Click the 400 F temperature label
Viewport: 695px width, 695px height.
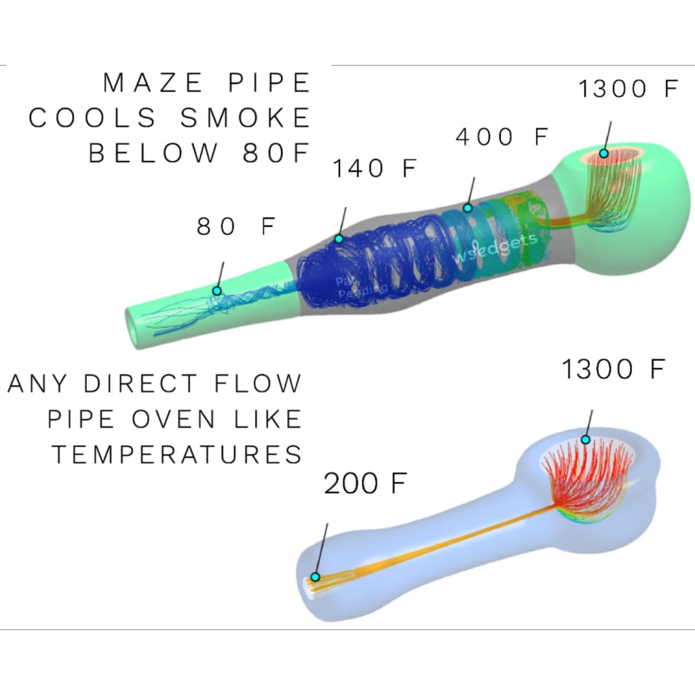click(x=502, y=137)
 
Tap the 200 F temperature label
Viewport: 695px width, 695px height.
click(x=365, y=485)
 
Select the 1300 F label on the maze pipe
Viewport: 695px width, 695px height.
click(x=628, y=90)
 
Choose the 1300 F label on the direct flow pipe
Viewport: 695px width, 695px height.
click(x=612, y=370)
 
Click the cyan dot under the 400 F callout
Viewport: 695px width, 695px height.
click(x=468, y=207)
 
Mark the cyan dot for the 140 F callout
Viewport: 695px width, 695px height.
click(x=339, y=239)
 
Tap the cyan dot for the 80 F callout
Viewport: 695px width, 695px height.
click(x=217, y=290)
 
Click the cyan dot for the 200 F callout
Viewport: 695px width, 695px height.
click(x=315, y=577)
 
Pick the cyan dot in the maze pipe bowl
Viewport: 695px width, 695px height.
click(x=603, y=153)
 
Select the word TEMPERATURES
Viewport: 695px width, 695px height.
click(x=177, y=454)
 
